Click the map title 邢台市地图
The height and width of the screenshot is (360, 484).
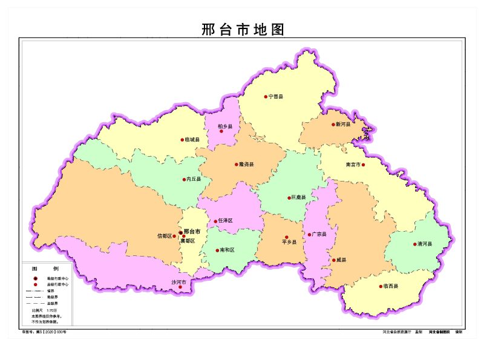coord(243,30)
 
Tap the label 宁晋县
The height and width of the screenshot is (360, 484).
coord(276,97)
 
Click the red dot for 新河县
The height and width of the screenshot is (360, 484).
coord(333,125)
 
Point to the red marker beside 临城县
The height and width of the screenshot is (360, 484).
coord(182,140)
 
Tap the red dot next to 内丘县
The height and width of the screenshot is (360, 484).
coord(184,180)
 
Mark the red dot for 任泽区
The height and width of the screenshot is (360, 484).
coord(215,221)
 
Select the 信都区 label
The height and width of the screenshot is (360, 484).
coord(165,235)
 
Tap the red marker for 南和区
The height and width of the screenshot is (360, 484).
coord(217,250)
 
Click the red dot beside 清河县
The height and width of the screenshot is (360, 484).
coord(415,244)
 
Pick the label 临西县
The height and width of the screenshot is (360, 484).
coord(390,286)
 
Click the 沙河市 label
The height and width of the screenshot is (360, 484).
coord(178,282)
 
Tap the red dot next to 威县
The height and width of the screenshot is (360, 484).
coord(333,261)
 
